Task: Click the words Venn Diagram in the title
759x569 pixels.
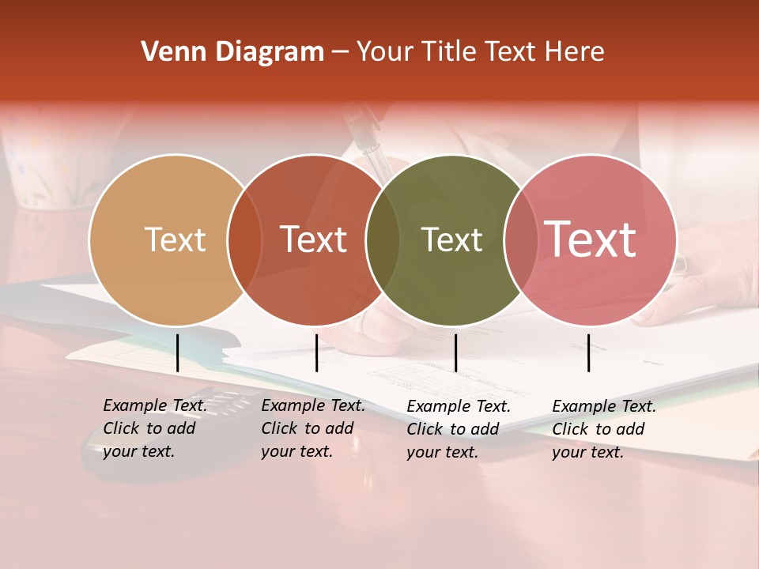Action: tap(232, 52)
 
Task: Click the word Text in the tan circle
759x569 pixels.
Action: tap(175, 239)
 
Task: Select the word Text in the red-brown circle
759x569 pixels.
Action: tap(313, 239)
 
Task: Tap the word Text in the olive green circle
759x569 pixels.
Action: tap(451, 239)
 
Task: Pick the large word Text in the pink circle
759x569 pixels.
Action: tap(590, 239)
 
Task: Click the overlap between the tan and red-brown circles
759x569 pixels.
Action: tap(244, 239)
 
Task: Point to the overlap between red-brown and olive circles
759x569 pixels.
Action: tap(383, 239)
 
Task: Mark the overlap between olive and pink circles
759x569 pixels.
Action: tap(521, 239)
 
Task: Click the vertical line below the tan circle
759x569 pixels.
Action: tap(177, 352)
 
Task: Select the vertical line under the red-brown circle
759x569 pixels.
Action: tap(316, 352)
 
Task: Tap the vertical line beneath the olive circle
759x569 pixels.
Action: tap(455, 352)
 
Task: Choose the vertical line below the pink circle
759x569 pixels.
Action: tap(588, 352)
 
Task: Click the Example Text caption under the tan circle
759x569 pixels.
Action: tap(154, 428)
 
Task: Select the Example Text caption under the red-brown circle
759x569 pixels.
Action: tap(312, 428)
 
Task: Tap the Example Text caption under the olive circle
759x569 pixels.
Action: tap(458, 429)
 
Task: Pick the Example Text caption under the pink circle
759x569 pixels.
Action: tap(603, 429)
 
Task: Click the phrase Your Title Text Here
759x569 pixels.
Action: tap(480, 52)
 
